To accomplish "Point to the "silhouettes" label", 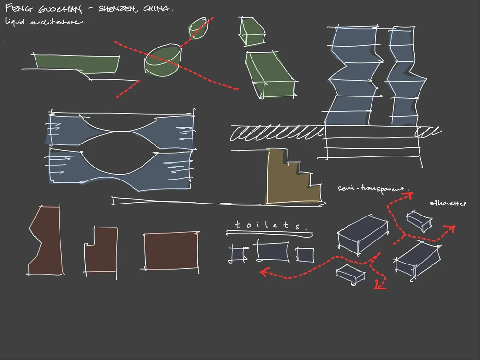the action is click(447, 204).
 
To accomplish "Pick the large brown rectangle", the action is click(171, 251).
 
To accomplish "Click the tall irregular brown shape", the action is click(46, 242).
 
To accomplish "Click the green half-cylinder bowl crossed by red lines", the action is click(164, 61).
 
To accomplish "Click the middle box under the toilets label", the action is click(273, 251).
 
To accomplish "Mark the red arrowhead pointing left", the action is click(264, 272).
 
